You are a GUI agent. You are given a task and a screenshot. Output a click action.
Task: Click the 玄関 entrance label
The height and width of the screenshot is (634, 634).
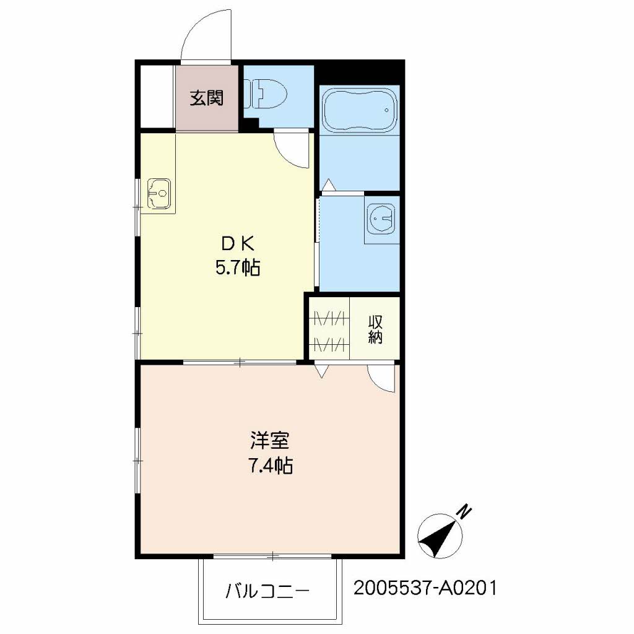pos(207,98)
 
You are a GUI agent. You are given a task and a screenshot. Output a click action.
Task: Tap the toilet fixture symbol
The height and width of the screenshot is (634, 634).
pos(266,93)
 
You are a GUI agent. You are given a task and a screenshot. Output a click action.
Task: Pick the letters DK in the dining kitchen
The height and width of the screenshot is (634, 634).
pos(237,244)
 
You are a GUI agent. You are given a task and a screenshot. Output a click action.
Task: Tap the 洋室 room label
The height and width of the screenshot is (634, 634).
pos(270,440)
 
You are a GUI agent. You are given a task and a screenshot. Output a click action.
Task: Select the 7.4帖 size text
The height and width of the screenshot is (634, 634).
pos(270,466)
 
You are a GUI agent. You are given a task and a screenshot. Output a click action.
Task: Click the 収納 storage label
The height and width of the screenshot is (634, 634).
pos(375,329)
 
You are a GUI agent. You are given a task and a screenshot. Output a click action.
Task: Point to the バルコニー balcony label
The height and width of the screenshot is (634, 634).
pos(267,591)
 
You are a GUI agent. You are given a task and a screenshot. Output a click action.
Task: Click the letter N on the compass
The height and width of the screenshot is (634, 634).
pos(464,511)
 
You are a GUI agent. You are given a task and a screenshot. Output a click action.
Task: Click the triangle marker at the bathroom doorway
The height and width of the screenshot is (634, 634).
pos(329,185)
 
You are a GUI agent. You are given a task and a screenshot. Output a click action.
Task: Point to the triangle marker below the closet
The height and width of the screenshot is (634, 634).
pos(321,371)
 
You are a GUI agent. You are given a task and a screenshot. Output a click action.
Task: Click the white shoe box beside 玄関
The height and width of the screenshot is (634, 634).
pos(158,97)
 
